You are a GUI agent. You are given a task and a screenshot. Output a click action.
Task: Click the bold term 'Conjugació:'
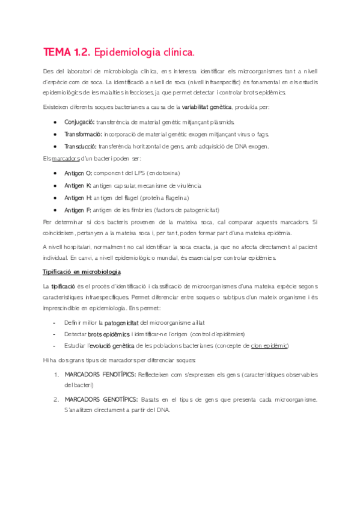pos(80,121)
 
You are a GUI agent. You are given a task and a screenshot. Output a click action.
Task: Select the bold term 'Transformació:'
pos(83,134)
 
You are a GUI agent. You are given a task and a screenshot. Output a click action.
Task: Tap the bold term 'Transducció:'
pos(81,147)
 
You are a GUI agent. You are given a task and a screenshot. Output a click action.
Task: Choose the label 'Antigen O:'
pos(78,173)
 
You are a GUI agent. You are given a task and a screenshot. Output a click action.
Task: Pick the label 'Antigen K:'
pos(78,185)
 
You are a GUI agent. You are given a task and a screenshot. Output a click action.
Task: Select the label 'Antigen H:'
pos(78,197)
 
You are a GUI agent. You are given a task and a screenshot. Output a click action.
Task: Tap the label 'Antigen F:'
pos(78,210)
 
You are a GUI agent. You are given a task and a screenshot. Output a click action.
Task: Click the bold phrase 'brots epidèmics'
pos(108,334)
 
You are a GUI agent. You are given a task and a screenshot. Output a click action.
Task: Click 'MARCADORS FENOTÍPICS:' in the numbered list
pos(99,374)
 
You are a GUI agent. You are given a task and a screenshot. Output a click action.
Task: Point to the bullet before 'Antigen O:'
pos(56,173)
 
